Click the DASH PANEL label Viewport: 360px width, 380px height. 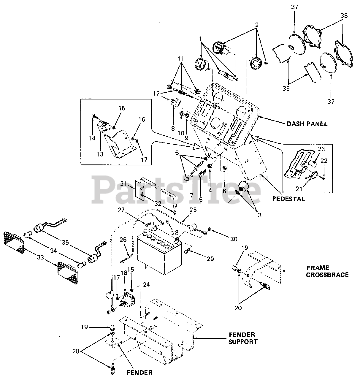[307, 124]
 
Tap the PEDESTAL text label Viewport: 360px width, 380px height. [288, 199]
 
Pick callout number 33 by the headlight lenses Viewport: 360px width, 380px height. [40, 258]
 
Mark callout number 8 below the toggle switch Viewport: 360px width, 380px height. [173, 129]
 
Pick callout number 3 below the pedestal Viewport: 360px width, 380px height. [260, 215]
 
